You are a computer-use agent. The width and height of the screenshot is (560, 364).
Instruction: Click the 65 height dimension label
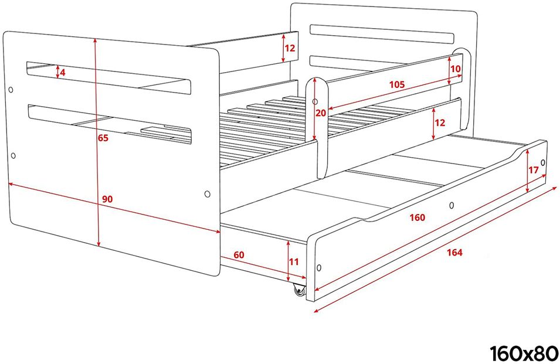coord(103,138)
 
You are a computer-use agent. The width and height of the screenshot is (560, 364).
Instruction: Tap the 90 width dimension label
coord(107,199)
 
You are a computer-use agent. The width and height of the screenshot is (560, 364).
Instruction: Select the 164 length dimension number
coord(454,253)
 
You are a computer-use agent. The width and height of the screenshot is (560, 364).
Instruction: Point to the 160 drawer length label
coord(418,217)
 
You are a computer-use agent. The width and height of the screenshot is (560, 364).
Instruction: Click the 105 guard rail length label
coord(397,84)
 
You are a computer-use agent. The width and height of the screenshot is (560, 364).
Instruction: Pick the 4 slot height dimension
coord(63,73)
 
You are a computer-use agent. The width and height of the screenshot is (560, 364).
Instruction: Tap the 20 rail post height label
coord(321,113)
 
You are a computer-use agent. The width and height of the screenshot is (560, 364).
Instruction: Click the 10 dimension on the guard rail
coord(456,69)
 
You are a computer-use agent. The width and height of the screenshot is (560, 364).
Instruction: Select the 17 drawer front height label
coord(534,170)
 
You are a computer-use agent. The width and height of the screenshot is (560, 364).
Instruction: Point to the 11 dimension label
coord(294,262)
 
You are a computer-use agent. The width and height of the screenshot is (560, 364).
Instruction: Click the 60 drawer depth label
coord(239,255)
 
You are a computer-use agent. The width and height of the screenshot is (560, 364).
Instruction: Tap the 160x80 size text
coord(523,353)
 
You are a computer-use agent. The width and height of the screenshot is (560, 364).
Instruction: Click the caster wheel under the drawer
coord(299,290)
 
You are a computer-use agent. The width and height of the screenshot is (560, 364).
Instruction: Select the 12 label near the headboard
coord(290,48)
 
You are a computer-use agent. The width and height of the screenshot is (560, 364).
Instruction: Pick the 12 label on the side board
coord(440,123)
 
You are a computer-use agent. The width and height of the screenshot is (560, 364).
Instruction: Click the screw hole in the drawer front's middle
coord(452,205)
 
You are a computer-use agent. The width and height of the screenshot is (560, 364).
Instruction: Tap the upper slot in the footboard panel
coord(108,78)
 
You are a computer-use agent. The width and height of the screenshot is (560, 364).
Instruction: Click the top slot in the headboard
coord(382,34)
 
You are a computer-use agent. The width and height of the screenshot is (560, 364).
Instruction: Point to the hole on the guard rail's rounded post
coord(315,102)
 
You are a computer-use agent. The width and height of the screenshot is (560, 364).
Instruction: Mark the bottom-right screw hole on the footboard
coord(207,194)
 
